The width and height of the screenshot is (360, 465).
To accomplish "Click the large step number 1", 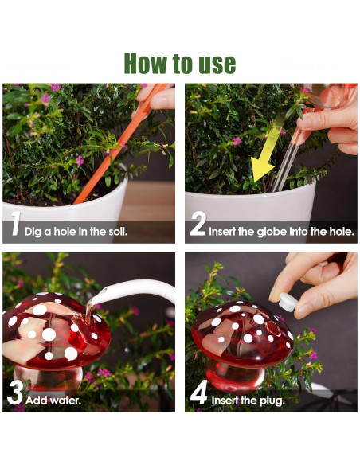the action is [15, 224].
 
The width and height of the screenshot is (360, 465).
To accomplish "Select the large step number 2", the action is [198, 225].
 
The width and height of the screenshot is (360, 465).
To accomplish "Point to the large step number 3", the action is [14, 392].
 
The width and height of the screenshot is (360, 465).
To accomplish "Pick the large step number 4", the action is [198, 393].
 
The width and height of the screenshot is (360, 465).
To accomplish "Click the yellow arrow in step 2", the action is [266, 152].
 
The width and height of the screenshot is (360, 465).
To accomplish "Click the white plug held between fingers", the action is [287, 302].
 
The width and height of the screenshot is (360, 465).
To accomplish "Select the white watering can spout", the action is [134, 288].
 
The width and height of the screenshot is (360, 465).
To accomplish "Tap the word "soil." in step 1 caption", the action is [117, 232].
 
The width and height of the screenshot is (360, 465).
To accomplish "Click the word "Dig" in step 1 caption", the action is [33, 232].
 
